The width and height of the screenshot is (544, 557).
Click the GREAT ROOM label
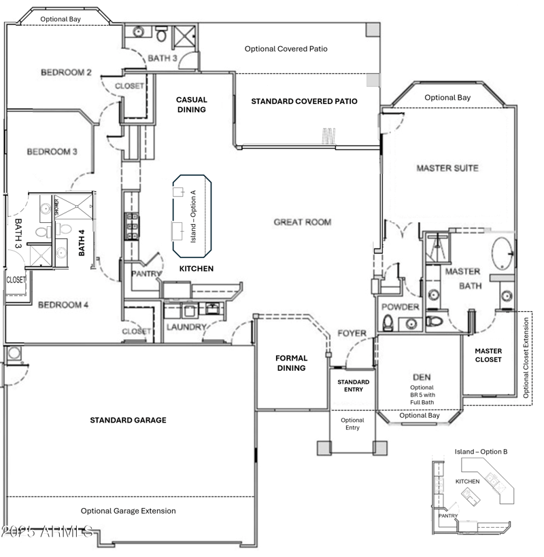point(302,222)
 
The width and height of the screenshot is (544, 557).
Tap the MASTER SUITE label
point(447,168)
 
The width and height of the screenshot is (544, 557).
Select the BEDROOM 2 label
point(66,73)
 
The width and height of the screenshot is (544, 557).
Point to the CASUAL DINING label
point(191,104)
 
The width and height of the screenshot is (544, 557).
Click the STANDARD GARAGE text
point(128,420)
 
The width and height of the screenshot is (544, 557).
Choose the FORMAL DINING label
point(291,363)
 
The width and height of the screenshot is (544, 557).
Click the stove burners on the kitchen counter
point(130,226)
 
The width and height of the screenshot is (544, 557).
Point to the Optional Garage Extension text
point(128,511)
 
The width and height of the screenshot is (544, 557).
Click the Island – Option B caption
point(481,452)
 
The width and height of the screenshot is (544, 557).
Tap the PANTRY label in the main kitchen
point(148,274)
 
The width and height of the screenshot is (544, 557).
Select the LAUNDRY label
point(186,327)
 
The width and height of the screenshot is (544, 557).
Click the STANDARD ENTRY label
point(353,386)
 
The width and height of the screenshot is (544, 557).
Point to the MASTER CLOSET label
point(488,355)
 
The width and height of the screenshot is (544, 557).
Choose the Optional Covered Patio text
point(286,49)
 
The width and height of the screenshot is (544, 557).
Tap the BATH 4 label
point(82,242)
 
